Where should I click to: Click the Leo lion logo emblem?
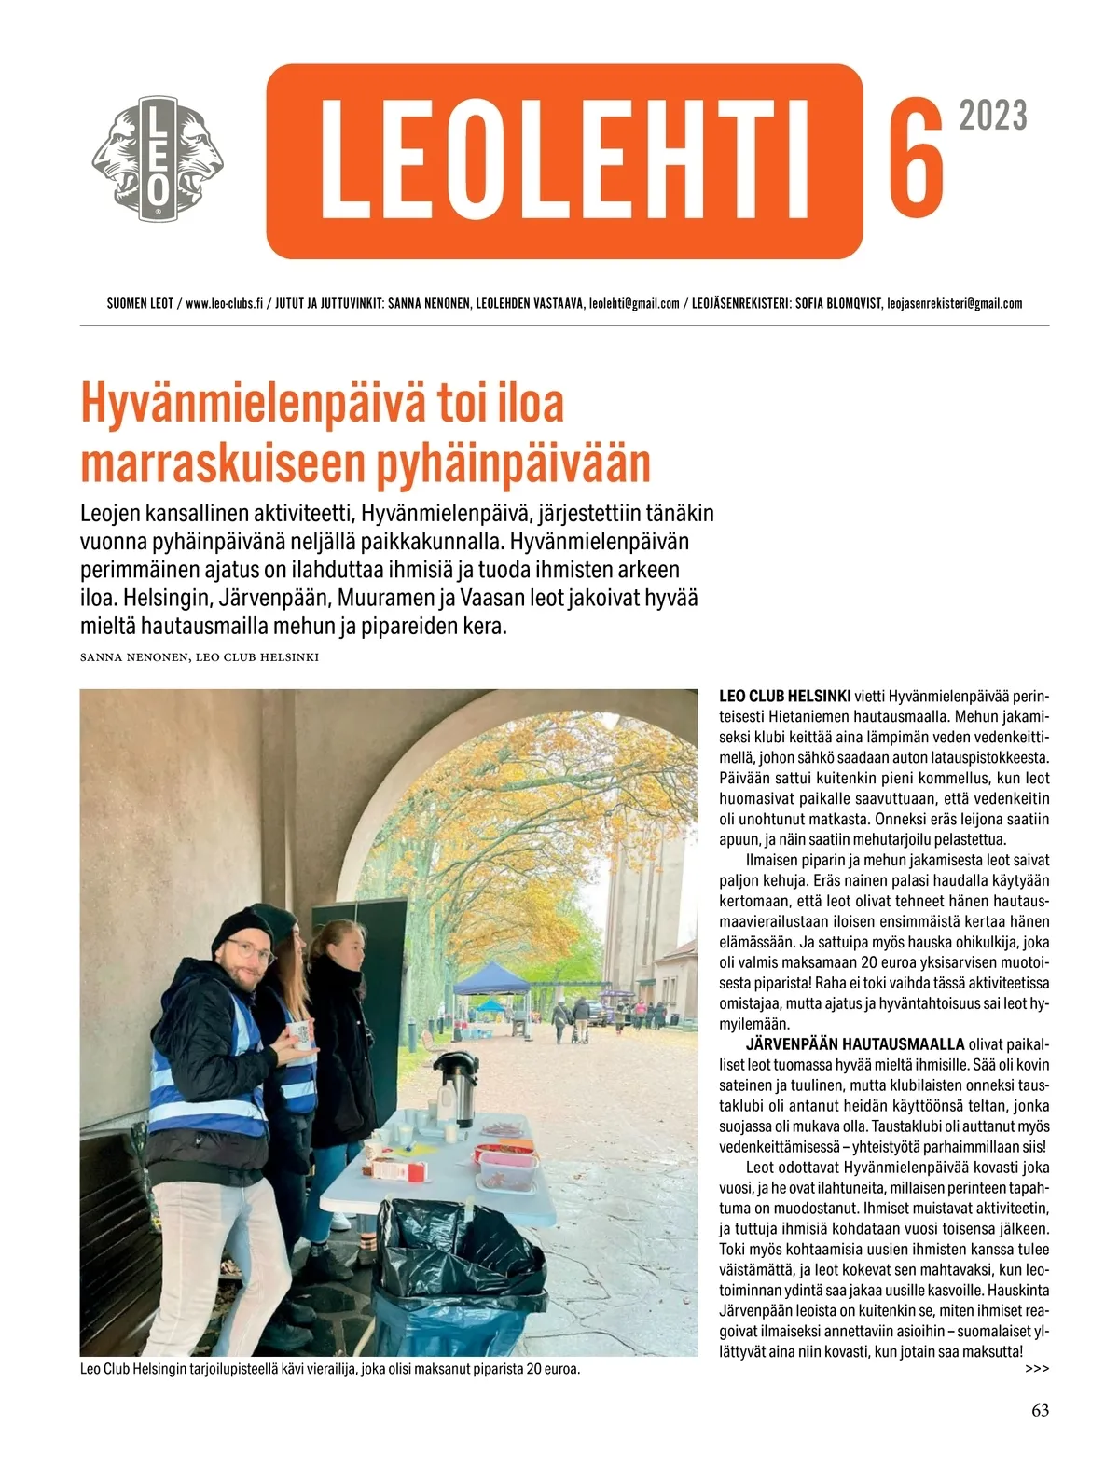click(158, 160)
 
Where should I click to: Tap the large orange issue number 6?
click(915, 157)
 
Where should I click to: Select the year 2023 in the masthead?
click(993, 117)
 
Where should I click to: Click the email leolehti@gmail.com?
click(634, 304)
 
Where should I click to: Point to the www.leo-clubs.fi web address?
click(224, 304)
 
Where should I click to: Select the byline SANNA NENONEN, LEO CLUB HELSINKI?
click(200, 657)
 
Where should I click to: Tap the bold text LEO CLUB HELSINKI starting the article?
click(784, 697)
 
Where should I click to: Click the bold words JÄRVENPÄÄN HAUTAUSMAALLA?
click(854, 1044)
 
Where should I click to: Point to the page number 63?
click(1040, 1411)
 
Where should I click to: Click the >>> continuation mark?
click(1036, 1369)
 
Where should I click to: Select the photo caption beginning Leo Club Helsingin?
click(330, 1369)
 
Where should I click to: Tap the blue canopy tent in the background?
click(491, 981)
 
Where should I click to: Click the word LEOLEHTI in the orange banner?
click(564, 160)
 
